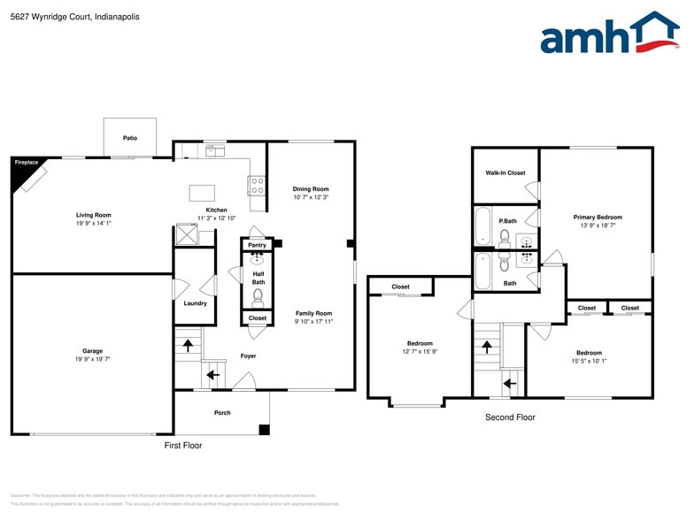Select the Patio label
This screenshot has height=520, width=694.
click(x=130, y=138)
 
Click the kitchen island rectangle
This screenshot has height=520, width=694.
click(x=203, y=192)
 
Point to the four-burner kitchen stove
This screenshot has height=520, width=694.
click(x=257, y=186)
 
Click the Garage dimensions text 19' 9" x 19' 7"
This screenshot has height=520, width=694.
click(x=93, y=359)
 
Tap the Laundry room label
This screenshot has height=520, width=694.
click(x=195, y=303)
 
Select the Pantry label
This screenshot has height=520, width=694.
click(x=257, y=245)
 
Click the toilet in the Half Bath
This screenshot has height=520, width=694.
click(x=258, y=296)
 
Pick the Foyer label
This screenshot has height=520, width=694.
click(x=248, y=356)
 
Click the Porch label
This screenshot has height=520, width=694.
click(x=222, y=413)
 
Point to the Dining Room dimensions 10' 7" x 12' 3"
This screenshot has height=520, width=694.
click(x=311, y=197)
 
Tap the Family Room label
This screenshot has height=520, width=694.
click(x=313, y=313)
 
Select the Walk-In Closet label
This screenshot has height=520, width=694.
click(x=505, y=173)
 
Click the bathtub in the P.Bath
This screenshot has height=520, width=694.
click(x=482, y=226)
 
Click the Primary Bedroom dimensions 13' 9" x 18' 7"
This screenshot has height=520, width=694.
click(x=598, y=226)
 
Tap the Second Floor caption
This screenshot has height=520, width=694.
click(x=510, y=417)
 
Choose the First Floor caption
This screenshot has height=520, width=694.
click(x=183, y=446)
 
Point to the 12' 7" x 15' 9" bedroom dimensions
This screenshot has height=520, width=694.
click(x=420, y=352)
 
